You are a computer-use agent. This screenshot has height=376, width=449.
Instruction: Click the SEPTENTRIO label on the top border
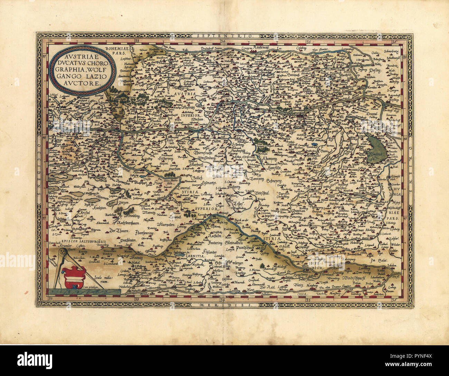[223, 36]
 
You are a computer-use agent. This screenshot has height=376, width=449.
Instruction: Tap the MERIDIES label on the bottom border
[223, 305]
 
